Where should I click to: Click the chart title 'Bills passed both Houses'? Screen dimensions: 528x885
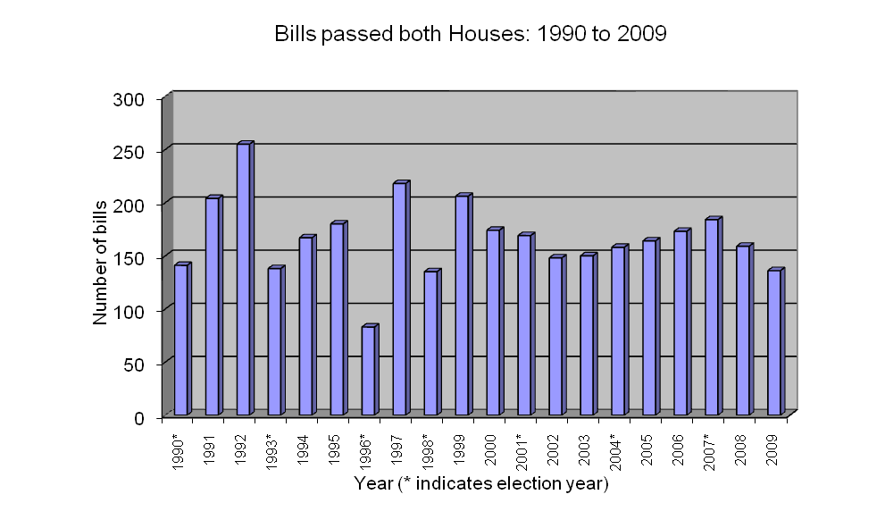[x=472, y=35]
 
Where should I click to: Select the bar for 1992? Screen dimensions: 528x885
[x=244, y=279]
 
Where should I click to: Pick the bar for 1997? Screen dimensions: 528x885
[x=400, y=298]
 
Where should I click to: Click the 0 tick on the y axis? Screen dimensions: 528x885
[x=140, y=416]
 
